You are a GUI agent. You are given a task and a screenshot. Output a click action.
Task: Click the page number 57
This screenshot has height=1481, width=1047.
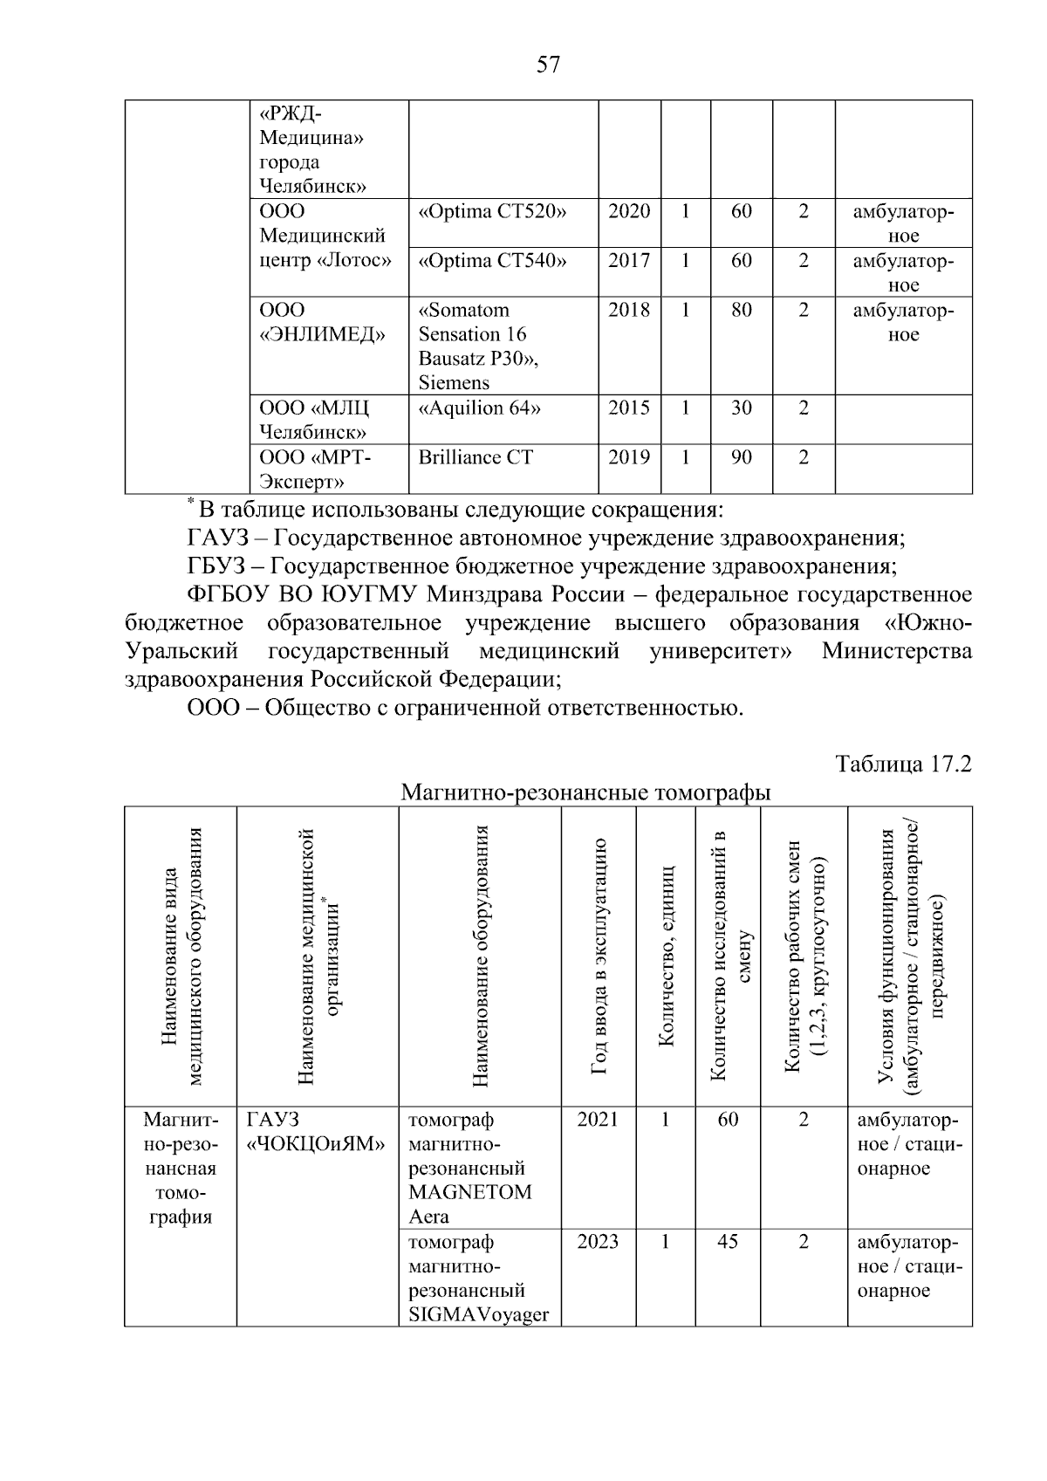pos(548,65)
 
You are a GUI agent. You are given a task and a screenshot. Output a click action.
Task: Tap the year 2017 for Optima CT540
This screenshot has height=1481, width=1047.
pos(629,261)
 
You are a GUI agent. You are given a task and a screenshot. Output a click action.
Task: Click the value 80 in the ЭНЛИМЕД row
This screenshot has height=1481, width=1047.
pos(742,311)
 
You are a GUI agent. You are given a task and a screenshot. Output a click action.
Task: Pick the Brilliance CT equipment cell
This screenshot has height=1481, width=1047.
pos(476,458)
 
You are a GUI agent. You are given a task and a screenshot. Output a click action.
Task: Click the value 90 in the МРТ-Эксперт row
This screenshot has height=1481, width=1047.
pos(742,458)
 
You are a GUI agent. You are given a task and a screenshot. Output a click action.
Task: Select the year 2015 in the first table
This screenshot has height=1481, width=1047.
pos(629,408)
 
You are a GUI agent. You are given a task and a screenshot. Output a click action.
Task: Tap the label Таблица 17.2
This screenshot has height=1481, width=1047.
pos(904,764)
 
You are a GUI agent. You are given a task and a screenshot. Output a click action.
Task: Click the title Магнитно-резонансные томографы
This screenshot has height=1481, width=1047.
pos(585,793)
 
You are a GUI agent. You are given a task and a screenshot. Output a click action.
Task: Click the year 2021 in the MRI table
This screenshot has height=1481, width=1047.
pos(598,1120)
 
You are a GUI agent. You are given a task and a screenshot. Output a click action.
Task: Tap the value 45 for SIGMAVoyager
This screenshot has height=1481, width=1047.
pos(728,1242)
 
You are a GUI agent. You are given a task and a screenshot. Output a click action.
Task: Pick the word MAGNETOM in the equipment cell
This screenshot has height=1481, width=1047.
pos(469,1193)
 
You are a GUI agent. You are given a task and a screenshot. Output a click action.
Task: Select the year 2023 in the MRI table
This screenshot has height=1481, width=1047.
pos(598,1242)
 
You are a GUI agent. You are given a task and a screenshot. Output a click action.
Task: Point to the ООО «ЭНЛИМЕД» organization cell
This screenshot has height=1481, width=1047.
pos(322,323)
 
